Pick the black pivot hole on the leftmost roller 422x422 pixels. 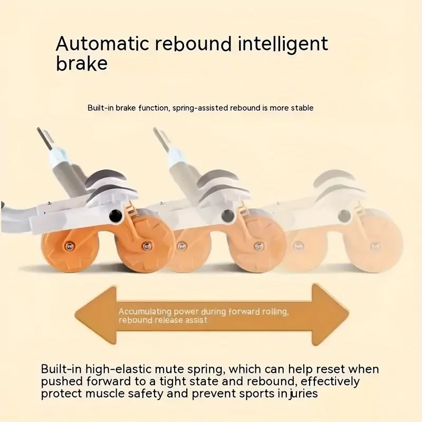click(113, 215)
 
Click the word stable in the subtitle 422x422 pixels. click(302, 108)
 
